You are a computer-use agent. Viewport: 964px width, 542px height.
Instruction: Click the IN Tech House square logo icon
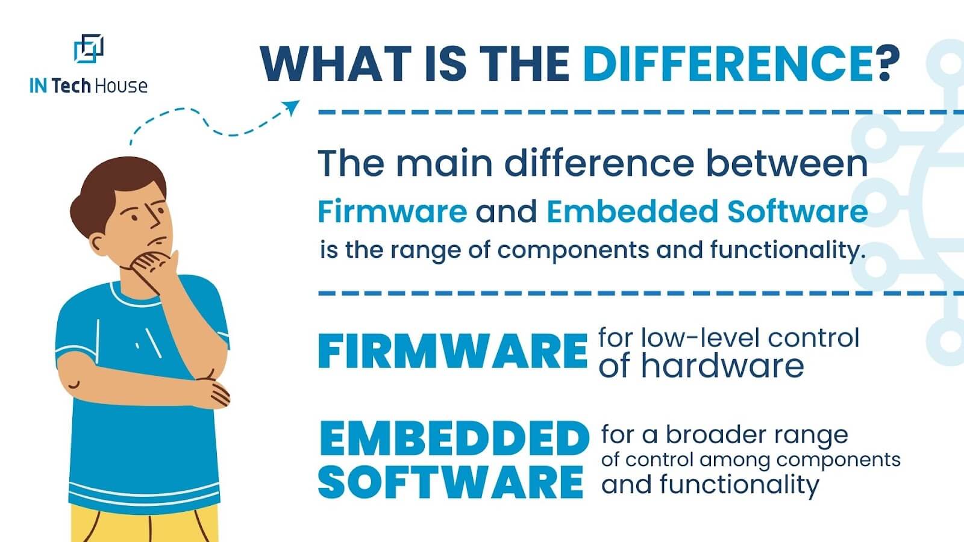[89, 49]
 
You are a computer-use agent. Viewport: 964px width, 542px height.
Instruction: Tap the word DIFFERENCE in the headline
[728, 64]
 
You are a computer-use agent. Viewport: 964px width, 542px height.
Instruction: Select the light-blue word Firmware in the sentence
[392, 211]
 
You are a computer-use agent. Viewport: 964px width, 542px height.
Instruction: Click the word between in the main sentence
[787, 163]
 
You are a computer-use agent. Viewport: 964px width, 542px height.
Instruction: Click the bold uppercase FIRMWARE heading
[452, 351]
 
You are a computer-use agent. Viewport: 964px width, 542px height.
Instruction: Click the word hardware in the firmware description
[722, 366]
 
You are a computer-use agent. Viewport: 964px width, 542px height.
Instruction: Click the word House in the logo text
[121, 86]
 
